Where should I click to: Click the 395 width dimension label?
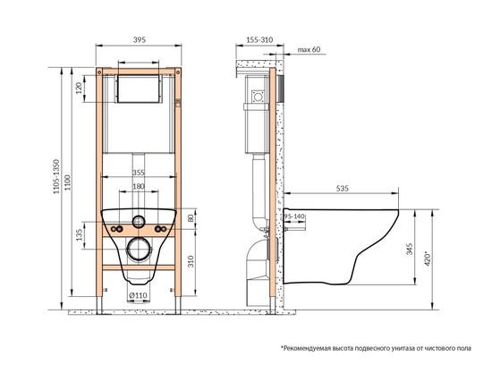[x=140, y=40]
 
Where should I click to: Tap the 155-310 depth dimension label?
[x=259, y=40]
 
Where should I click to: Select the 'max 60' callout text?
[x=310, y=49]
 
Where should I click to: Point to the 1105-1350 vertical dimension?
[x=56, y=176]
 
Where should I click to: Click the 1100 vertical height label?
[x=68, y=182]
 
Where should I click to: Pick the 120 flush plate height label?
[x=79, y=88]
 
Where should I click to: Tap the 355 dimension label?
[x=138, y=173]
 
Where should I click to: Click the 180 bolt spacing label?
[x=138, y=186]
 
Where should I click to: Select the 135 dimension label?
[x=79, y=234]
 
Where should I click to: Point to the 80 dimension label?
[x=191, y=218]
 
